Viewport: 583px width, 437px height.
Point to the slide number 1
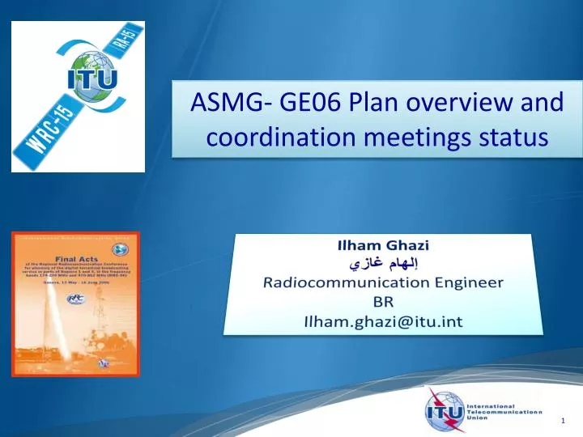click(x=563, y=422)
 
